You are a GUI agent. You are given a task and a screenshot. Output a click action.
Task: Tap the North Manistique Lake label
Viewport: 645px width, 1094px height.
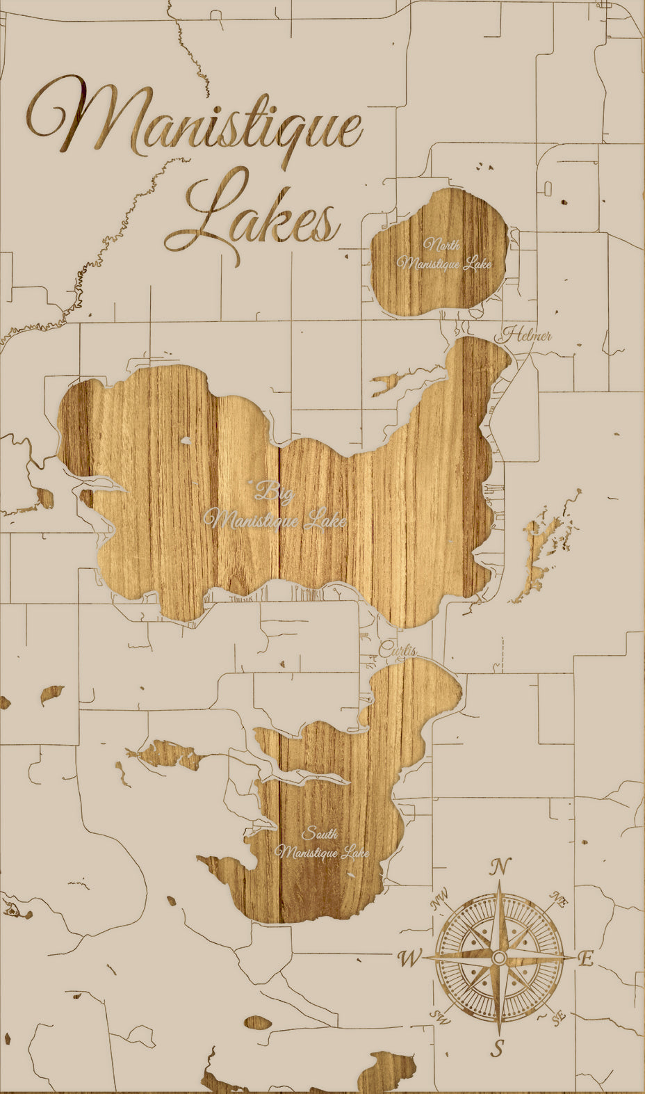click(443, 255)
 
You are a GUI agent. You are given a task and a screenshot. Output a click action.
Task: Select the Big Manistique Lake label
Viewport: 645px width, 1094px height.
click(275, 508)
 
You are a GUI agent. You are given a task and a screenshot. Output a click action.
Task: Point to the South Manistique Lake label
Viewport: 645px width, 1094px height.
click(322, 844)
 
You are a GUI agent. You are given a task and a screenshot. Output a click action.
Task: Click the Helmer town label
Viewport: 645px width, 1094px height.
click(526, 335)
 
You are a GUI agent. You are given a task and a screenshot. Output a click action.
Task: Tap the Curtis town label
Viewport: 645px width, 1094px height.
click(398, 651)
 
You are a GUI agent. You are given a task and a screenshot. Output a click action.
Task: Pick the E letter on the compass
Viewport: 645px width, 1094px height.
click(586, 960)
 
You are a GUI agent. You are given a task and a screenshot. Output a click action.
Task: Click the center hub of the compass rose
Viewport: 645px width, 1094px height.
click(498, 958)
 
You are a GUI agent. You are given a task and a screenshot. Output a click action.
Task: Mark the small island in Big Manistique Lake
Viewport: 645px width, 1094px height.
click(186, 440)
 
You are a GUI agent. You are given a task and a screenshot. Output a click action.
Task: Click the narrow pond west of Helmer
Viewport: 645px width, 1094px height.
click(389, 383)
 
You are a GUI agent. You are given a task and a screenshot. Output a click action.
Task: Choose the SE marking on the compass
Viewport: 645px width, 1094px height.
click(558, 1017)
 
